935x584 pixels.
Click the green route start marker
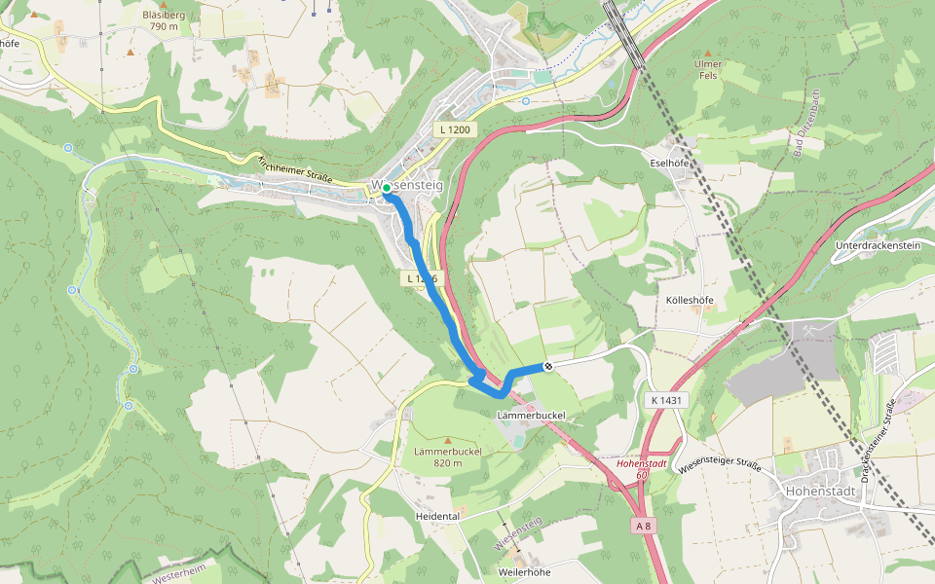(x=387, y=187)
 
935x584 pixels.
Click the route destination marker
(x=549, y=366)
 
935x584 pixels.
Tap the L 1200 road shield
(x=454, y=129)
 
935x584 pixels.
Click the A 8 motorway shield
(x=643, y=526)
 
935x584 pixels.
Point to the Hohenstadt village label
(x=820, y=492)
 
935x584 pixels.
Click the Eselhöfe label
(x=669, y=164)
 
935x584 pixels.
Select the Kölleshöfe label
(x=688, y=301)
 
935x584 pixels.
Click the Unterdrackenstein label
(x=878, y=246)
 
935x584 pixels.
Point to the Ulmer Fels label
(x=708, y=70)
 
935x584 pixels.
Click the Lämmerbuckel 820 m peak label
(x=448, y=456)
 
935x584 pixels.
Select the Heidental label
(x=437, y=516)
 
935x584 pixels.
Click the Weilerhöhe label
(x=524, y=572)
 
